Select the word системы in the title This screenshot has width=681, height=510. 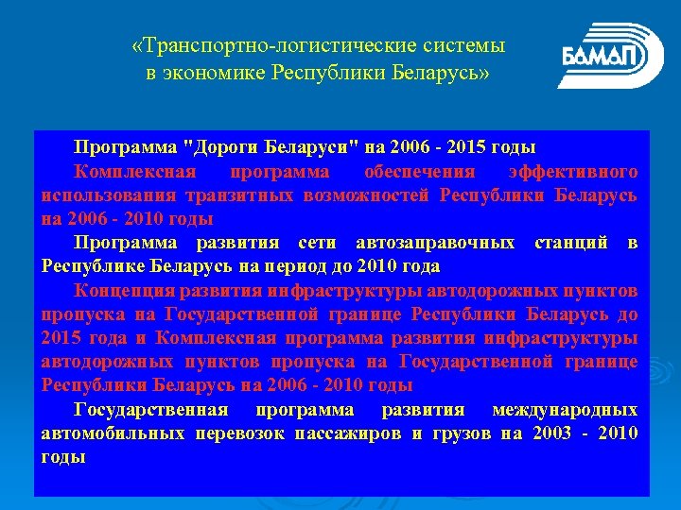point(464,45)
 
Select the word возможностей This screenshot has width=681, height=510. point(370,195)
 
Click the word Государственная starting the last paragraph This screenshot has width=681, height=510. point(150,410)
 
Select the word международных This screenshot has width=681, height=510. point(565,410)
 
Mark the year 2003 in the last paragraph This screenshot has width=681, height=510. point(551,433)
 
